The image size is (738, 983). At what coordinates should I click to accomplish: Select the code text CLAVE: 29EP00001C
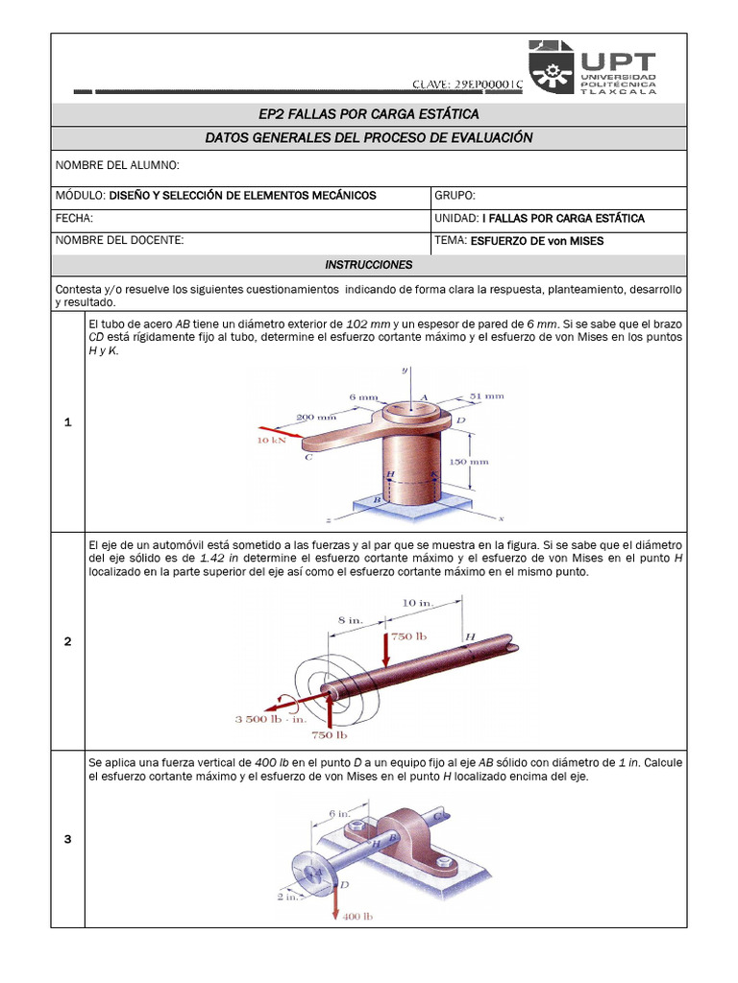(x=467, y=84)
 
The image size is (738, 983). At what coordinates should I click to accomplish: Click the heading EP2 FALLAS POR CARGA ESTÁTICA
(x=368, y=115)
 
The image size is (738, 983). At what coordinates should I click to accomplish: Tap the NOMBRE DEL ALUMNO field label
(x=116, y=166)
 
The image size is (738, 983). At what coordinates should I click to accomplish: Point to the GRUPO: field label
(x=455, y=195)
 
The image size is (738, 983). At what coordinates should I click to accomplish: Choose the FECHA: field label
(x=74, y=218)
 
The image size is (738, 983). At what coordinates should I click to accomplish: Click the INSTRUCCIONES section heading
(x=368, y=264)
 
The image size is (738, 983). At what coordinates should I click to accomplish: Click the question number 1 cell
(x=67, y=422)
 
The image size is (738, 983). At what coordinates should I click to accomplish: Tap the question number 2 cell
(x=67, y=641)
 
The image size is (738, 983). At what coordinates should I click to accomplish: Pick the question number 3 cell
(x=67, y=840)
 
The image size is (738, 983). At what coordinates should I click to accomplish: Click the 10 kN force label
(x=270, y=441)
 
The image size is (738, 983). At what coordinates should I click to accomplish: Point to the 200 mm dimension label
(x=316, y=418)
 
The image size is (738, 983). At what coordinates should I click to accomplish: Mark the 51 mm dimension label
(x=486, y=395)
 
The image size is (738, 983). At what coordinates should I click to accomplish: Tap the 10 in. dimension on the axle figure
(x=417, y=602)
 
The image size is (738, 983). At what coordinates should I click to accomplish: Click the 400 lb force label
(x=356, y=917)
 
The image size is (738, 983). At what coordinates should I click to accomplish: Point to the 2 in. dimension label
(x=286, y=897)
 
